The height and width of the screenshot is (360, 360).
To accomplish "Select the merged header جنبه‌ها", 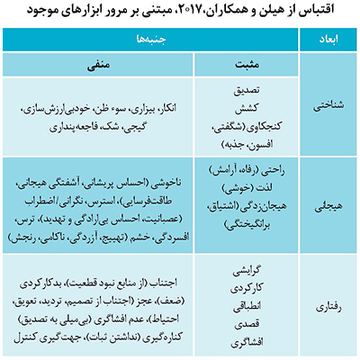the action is pos(154,41).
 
